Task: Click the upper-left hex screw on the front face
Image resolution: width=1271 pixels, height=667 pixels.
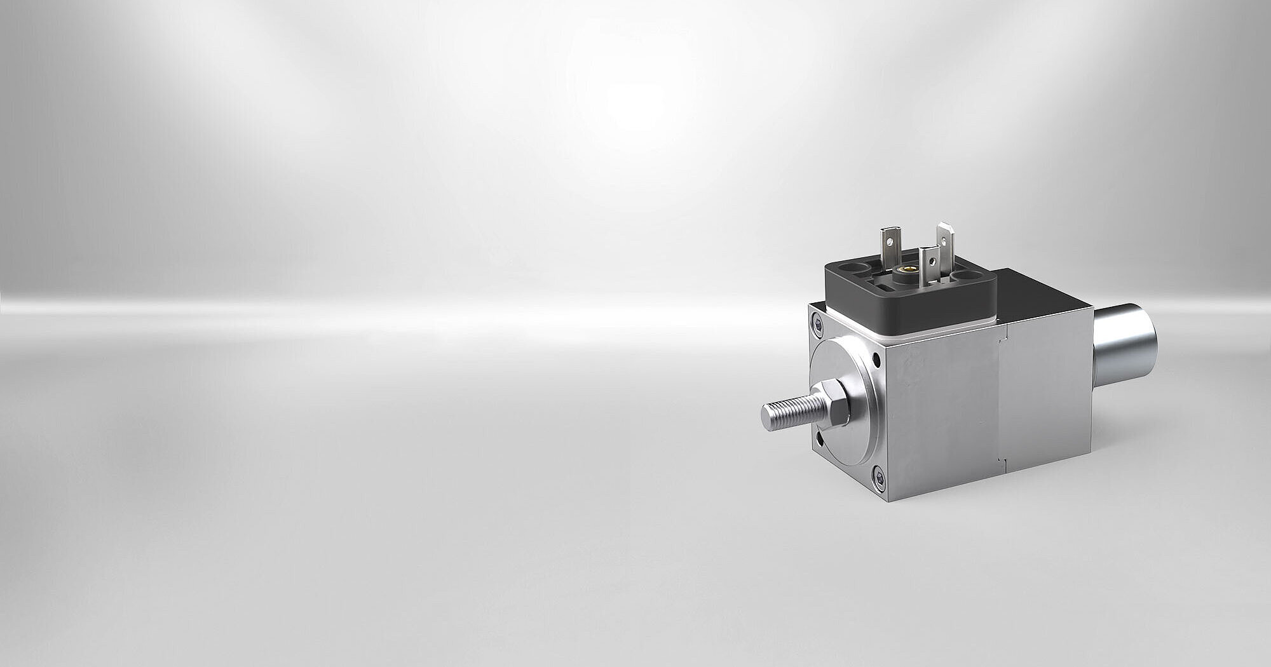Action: (818, 323)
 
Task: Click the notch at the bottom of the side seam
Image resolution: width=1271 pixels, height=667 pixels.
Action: (1002, 459)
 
